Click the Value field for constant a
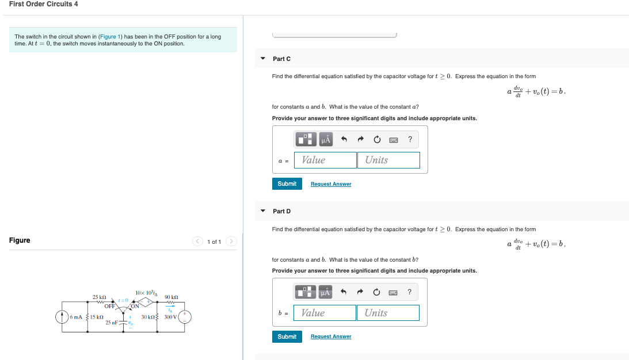[x=325, y=160]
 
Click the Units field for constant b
[x=388, y=313]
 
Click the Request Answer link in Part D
[x=331, y=336]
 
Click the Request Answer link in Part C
[x=331, y=184]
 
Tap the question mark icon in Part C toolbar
[x=410, y=139]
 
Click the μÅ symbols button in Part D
[x=326, y=292]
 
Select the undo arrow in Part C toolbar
[x=344, y=139]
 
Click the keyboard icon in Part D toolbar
[x=394, y=292]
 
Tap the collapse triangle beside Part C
[x=263, y=59]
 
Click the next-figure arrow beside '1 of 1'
[x=231, y=241]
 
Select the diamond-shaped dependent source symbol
[x=148, y=301]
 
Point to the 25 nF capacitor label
[x=112, y=322]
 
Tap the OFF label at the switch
[x=109, y=306]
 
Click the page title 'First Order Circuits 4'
[x=44, y=4]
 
